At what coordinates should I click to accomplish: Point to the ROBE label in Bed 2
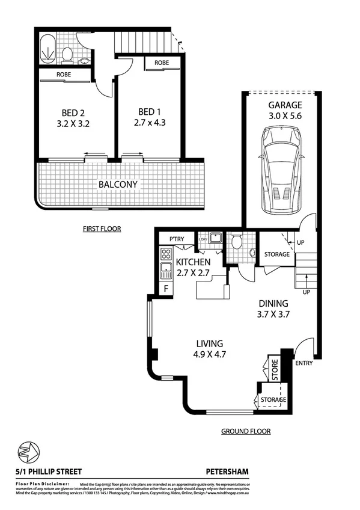point(65,75)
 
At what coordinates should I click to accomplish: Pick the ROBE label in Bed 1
point(161,63)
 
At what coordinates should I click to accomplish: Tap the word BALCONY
point(118,184)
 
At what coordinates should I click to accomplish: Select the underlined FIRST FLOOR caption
point(102,229)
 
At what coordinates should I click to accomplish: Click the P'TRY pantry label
point(176,240)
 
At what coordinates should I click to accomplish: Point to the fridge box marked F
point(165,289)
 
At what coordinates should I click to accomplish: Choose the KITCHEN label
point(193,262)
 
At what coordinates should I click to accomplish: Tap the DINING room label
point(273,303)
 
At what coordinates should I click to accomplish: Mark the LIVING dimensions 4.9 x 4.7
point(211,355)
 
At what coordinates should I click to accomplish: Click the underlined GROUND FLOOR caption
point(245,431)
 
